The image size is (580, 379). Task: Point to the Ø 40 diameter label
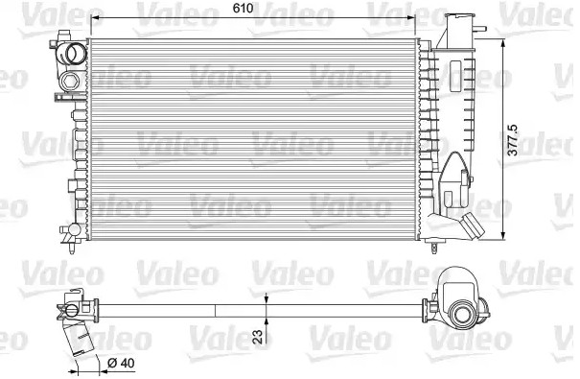pos(119,363)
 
